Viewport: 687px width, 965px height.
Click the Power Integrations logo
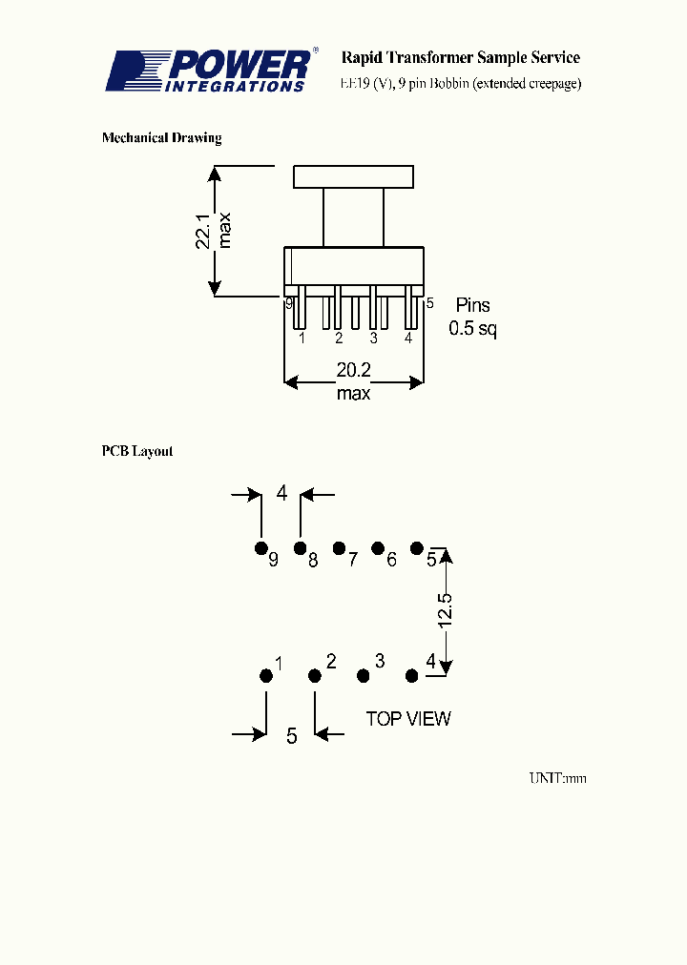tap(209, 71)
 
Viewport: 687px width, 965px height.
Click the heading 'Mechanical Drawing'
tap(161, 138)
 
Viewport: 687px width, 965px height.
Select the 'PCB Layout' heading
tap(137, 451)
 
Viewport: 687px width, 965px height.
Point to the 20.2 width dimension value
tap(353, 370)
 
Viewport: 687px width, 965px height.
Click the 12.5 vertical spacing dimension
tap(445, 610)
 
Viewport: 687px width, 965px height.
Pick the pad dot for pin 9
tap(260, 548)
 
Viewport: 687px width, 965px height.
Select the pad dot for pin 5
tap(417, 547)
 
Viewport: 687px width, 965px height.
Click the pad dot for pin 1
tap(265, 676)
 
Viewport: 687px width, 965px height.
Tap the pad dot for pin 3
tap(363, 676)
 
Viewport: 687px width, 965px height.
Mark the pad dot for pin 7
tap(339, 548)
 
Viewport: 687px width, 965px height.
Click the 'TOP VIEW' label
tap(408, 719)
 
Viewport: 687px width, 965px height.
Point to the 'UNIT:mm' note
tap(558, 778)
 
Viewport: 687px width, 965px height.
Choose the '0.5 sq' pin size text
tap(473, 330)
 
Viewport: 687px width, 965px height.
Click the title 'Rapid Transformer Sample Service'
tap(461, 58)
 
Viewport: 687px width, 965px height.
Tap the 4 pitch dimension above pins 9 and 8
tap(281, 493)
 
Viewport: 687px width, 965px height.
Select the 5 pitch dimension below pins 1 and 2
tap(292, 735)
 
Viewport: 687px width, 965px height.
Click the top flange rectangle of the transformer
tap(353, 176)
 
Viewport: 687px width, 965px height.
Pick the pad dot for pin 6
tap(378, 548)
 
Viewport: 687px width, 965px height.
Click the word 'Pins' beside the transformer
tap(472, 305)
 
